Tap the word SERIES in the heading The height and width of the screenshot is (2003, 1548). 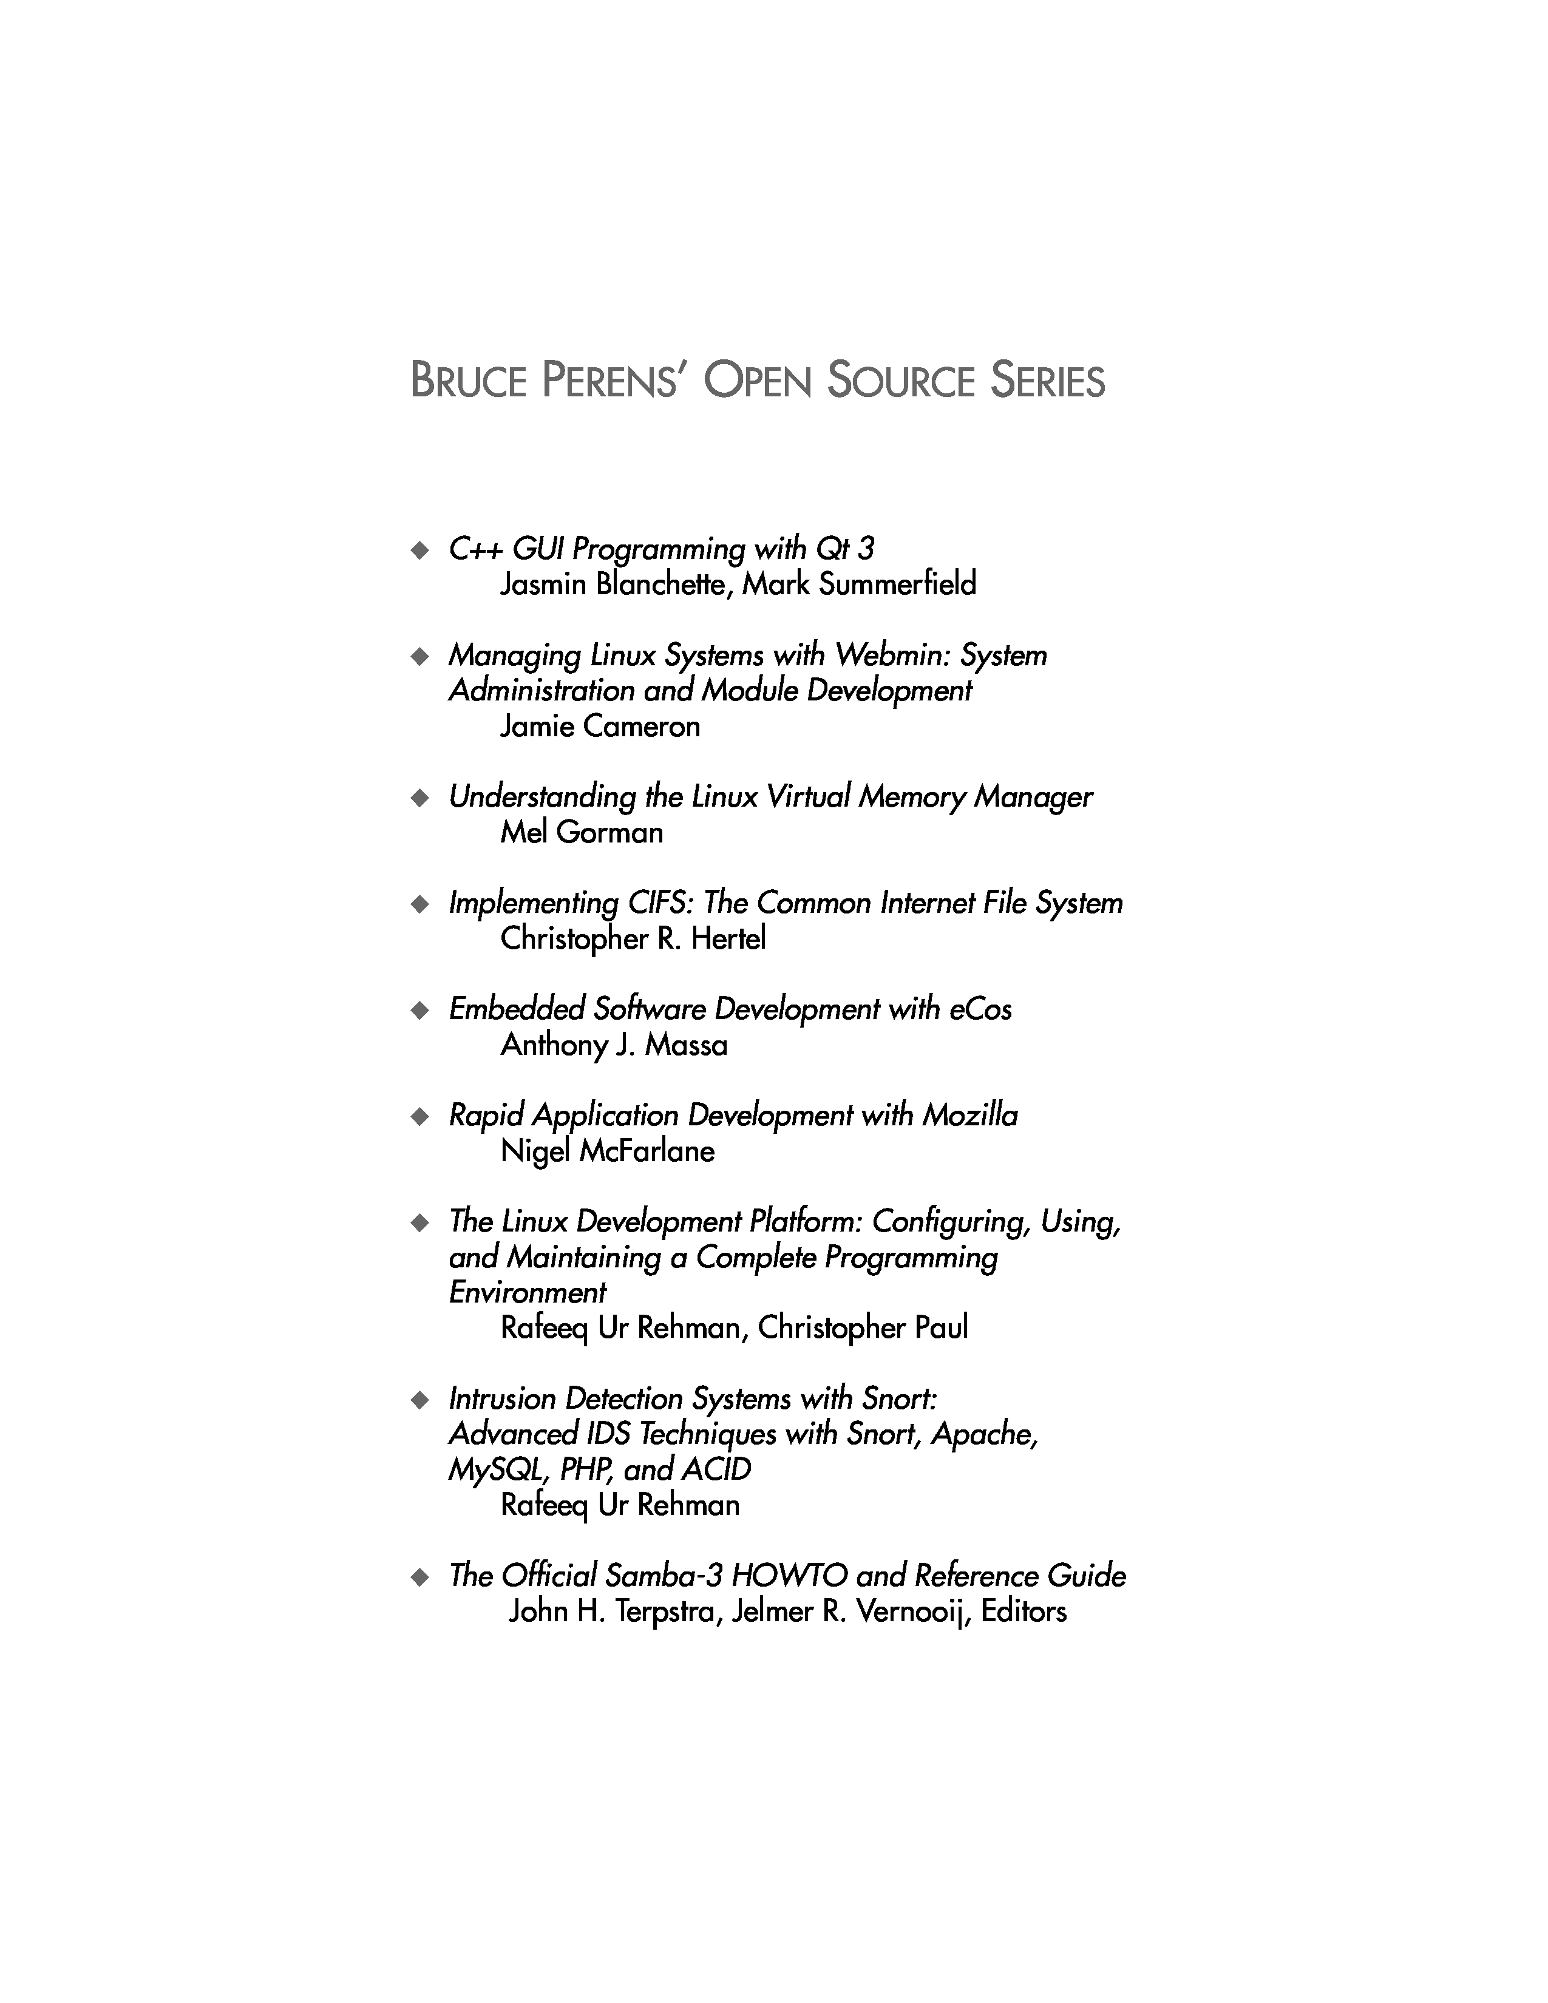[1047, 381]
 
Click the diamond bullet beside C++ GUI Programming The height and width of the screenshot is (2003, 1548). [420, 551]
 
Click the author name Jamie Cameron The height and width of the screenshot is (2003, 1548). [600, 727]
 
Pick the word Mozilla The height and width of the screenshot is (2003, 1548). [970, 1115]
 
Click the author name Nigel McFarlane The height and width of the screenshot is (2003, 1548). [607, 1151]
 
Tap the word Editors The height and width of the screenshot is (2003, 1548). [1024, 1612]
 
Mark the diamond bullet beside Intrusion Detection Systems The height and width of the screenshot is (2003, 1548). [420, 1400]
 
